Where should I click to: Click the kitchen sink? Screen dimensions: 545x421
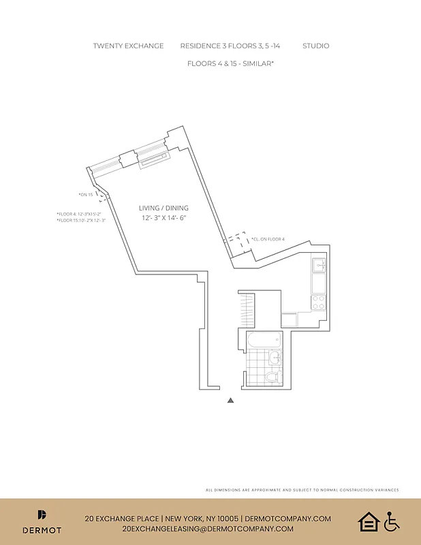[x=318, y=264]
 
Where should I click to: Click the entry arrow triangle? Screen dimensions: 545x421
[x=231, y=401]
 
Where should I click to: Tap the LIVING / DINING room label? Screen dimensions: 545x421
[x=163, y=208]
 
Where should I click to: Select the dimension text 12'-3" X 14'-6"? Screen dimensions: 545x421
[x=163, y=218]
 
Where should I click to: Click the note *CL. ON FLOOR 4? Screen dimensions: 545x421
[x=268, y=239]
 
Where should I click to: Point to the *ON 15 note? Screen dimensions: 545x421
[x=85, y=195]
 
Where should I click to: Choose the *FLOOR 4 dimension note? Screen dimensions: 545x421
[x=79, y=214]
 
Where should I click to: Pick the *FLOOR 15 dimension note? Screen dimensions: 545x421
[x=81, y=221]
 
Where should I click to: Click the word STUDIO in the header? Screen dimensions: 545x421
[x=315, y=46]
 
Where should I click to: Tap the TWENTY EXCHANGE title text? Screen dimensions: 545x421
[x=128, y=46]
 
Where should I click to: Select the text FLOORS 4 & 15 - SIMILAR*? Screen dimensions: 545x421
[x=230, y=63]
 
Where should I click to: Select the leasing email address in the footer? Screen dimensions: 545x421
[x=208, y=529]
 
